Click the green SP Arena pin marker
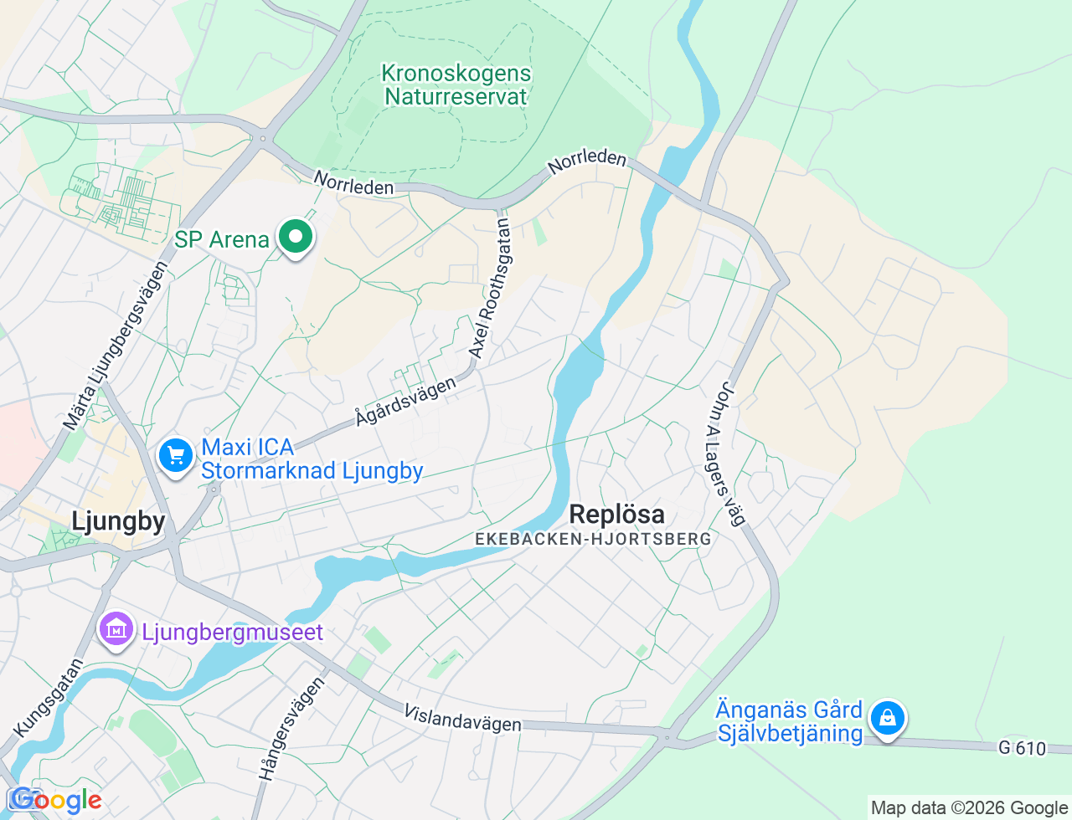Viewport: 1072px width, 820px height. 295,238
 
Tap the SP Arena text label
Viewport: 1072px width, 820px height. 222,240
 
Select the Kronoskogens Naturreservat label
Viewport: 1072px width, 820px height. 456,85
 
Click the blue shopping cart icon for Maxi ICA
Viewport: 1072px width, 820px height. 176,457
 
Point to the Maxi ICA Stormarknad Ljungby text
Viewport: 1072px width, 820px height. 312,459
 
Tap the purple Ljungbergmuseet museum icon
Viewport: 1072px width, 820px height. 116,629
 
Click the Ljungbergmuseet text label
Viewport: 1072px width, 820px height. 232,633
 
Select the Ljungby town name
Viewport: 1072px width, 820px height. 118,521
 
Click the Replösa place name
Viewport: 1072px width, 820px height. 616,514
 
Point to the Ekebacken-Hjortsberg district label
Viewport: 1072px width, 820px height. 593,540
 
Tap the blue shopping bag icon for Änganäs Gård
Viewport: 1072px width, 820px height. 887,719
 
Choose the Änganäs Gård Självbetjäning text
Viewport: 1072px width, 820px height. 789,722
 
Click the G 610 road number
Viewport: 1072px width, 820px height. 1022,748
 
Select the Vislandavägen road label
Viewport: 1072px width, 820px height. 462,718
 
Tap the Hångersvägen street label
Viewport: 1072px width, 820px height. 291,729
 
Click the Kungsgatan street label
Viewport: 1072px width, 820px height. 49,699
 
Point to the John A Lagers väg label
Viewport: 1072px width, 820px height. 726,454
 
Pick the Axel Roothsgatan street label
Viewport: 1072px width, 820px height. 491,289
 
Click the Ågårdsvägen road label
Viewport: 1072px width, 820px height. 405,401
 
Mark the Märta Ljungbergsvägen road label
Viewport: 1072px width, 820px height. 116,346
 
